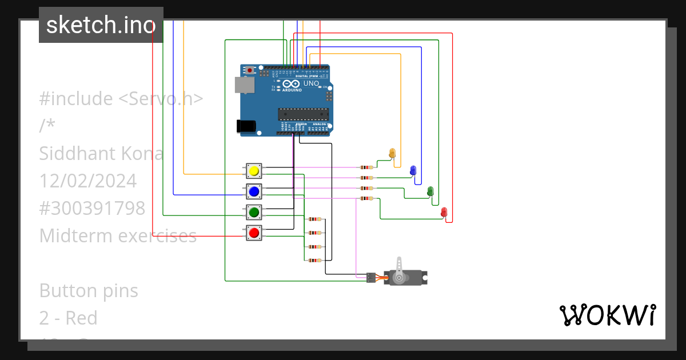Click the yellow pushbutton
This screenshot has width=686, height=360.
254,171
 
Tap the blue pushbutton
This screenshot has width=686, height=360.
254,191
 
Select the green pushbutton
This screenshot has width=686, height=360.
254,212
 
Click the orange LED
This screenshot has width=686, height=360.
392,153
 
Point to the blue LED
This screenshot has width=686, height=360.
413,170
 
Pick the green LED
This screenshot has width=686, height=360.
430,190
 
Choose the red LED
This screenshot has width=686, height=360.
444,212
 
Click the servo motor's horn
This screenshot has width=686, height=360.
399,269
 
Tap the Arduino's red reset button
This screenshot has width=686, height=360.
250,70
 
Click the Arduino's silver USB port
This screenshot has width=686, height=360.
245,85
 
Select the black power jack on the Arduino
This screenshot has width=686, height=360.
246,126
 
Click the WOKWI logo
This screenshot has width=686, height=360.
607,315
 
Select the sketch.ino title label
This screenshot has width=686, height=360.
101,25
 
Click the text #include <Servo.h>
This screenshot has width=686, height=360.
121,99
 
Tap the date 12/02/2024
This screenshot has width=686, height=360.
88,181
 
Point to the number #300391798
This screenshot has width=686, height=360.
92,209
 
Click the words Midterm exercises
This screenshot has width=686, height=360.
118,235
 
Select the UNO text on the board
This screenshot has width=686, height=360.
311,84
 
